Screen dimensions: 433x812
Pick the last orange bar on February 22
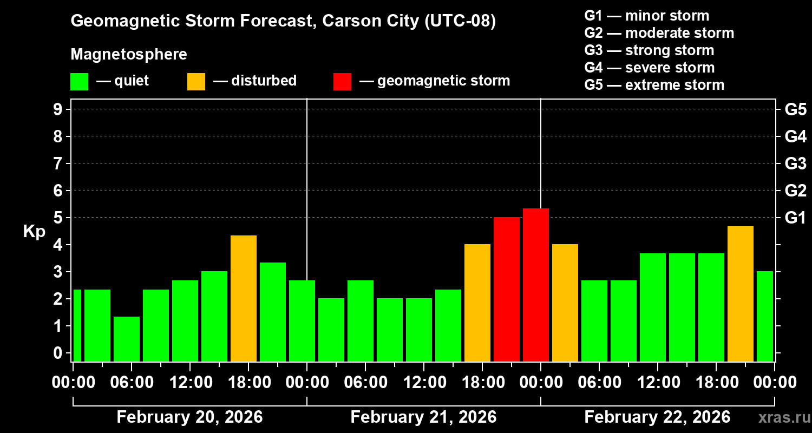tap(741, 293)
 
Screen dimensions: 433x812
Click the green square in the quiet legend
tap(79, 82)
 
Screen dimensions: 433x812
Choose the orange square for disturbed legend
tap(196, 82)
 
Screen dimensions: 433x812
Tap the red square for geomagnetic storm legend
tap(342, 82)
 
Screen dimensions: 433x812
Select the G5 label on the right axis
tap(795, 109)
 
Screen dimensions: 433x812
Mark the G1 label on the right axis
tap(795, 218)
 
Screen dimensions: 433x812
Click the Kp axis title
tap(34, 232)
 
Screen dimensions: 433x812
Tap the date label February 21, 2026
tap(423, 417)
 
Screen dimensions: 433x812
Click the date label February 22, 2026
tap(657, 417)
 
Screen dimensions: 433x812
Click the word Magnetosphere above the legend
tap(129, 55)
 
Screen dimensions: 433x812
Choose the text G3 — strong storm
tap(649, 50)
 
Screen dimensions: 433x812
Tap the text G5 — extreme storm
tap(654, 85)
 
